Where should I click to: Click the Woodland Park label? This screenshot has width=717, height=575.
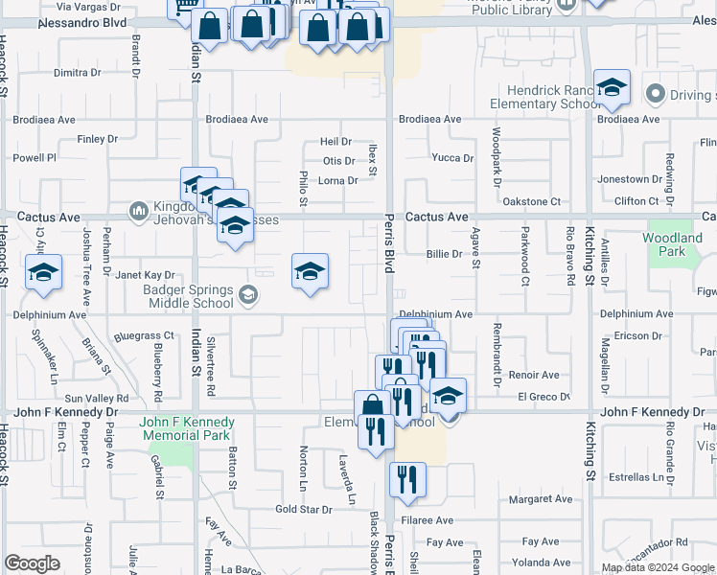click(x=672, y=244)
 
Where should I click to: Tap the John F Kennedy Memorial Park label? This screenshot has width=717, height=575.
click(x=187, y=428)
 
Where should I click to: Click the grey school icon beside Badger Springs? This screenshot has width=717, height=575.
click(x=249, y=294)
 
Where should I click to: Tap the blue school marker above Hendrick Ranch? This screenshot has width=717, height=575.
click(x=611, y=88)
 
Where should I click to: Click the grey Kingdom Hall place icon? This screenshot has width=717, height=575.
click(x=138, y=210)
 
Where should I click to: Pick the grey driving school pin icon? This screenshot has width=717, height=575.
click(x=657, y=94)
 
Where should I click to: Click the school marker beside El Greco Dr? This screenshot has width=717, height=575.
click(x=448, y=396)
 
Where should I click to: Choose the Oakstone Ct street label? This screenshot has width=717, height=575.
click(x=531, y=202)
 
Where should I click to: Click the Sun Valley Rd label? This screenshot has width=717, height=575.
click(x=96, y=398)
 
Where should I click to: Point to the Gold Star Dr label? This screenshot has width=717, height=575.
click(x=303, y=509)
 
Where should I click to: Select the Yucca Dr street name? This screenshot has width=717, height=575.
click(x=452, y=158)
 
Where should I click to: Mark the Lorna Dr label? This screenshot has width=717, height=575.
click(x=338, y=180)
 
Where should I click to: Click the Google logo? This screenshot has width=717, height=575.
click(x=32, y=563)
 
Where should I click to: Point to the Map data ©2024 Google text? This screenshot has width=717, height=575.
click(x=657, y=567)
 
